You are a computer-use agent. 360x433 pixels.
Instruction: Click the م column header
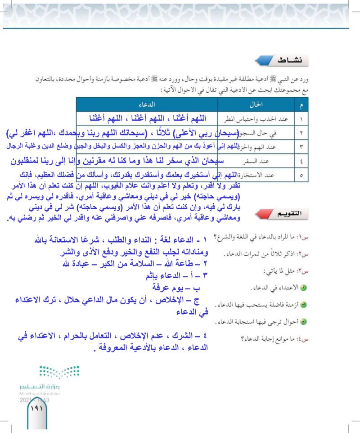tap(301, 104)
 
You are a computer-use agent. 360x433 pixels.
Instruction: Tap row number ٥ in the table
tap(301, 175)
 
